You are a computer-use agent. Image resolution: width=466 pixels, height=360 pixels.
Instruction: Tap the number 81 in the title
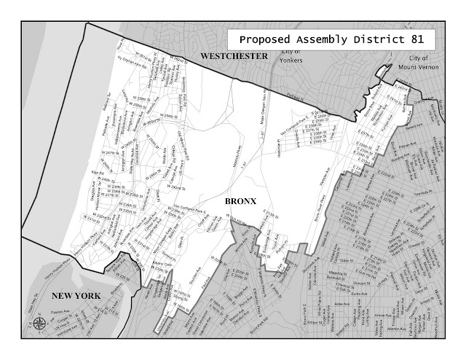pos(422,39)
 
